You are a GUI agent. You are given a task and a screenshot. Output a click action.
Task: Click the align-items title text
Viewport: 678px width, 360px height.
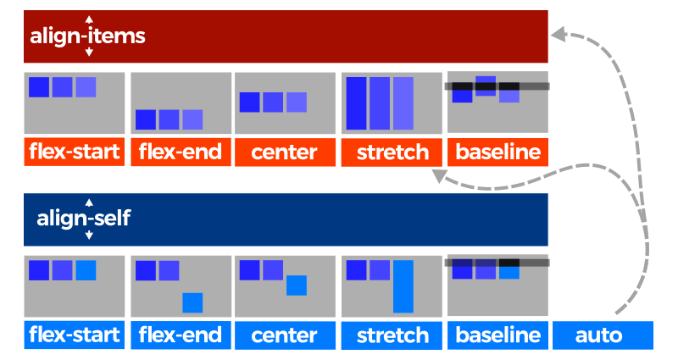pyautogui.click(x=88, y=36)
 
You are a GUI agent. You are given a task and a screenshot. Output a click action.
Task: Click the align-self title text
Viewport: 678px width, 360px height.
pyautogui.click(x=84, y=219)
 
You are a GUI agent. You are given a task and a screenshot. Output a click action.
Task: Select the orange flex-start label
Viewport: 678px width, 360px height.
pyautogui.click(x=75, y=152)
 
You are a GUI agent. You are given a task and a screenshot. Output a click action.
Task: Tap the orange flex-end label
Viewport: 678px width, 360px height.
pyautogui.click(x=180, y=152)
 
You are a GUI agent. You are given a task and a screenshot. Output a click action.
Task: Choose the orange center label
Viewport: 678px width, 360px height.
pyautogui.click(x=285, y=152)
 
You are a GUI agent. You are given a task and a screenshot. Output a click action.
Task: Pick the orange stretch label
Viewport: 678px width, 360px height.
pyautogui.click(x=392, y=152)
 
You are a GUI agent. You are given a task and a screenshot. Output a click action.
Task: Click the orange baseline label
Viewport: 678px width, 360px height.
pyautogui.click(x=497, y=152)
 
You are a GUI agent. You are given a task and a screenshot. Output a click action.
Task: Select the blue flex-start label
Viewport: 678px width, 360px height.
pyautogui.click(x=75, y=335)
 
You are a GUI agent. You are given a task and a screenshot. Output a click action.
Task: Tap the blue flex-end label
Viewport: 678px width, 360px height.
pyautogui.click(x=180, y=335)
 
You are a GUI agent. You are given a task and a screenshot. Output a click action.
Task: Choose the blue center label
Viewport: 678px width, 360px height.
pyautogui.click(x=285, y=335)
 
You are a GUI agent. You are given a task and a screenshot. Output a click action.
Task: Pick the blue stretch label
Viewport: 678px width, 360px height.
pyautogui.click(x=392, y=335)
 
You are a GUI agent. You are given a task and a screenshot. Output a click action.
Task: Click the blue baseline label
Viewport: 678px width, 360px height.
pyautogui.click(x=497, y=335)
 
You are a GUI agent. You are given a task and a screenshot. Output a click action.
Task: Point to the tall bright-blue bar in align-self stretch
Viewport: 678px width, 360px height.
pyautogui.click(x=403, y=286)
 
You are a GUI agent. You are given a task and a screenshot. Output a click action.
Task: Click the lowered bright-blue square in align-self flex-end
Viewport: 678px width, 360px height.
pyautogui.click(x=192, y=302)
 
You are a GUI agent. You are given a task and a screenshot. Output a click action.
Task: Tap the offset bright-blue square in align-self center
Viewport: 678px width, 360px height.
pyautogui.click(x=296, y=285)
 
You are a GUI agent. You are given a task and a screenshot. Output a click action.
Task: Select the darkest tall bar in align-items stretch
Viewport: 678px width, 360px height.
pyautogui.click(x=356, y=104)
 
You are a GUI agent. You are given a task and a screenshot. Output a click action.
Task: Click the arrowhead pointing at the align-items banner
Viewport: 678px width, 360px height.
pyautogui.click(x=558, y=34)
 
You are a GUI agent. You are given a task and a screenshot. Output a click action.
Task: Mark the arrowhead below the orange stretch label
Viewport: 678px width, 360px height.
pyautogui.click(x=439, y=176)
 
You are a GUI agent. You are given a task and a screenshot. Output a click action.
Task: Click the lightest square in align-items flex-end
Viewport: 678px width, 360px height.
pyautogui.click(x=192, y=119)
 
